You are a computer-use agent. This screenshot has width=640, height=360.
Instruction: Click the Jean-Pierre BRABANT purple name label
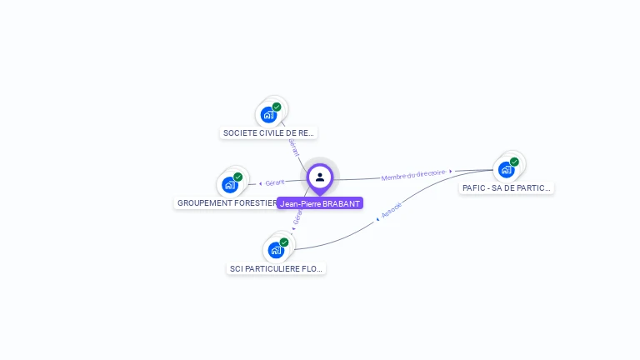[x=320, y=203]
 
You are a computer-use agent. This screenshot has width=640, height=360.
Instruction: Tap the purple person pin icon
[x=320, y=177]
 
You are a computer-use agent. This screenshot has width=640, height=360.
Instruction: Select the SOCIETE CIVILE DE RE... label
[x=269, y=132]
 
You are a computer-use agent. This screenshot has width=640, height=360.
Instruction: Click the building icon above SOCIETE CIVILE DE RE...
[x=267, y=115]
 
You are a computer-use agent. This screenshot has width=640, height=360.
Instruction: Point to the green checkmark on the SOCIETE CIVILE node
[x=277, y=107]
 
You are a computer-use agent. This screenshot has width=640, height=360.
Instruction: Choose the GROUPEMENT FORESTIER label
[x=227, y=202]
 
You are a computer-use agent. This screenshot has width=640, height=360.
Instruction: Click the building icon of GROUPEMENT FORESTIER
[x=229, y=185]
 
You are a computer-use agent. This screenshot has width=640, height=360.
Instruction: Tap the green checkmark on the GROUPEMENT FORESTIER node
[x=238, y=177]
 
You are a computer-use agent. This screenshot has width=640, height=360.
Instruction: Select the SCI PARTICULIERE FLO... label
[x=277, y=268]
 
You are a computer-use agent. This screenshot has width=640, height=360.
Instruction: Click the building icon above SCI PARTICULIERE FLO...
[x=275, y=250]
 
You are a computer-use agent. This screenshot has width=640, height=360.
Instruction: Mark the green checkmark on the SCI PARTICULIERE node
[x=284, y=242]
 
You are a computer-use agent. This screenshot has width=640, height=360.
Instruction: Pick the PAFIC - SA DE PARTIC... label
[x=507, y=188]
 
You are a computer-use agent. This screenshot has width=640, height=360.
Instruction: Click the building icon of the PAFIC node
[x=505, y=170]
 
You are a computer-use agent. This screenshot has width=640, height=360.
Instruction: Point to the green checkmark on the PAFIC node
[x=514, y=162]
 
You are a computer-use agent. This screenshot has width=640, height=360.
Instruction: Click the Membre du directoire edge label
[x=413, y=175]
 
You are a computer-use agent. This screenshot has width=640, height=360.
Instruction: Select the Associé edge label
[x=392, y=210]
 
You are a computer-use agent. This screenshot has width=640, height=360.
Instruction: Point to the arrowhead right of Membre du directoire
[x=451, y=172]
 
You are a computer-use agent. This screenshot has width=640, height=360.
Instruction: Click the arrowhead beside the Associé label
[x=378, y=219]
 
